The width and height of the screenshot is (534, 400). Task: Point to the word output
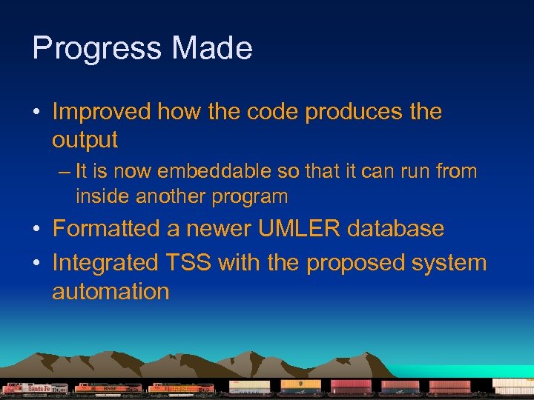click(85, 139)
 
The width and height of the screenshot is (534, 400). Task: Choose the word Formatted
click(107, 229)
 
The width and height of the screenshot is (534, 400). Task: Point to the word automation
click(111, 291)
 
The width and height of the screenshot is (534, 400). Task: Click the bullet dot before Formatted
click(36, 230)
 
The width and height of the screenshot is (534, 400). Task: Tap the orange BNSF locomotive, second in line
click(108, 388)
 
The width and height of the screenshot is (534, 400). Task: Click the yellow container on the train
click(300, 384)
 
